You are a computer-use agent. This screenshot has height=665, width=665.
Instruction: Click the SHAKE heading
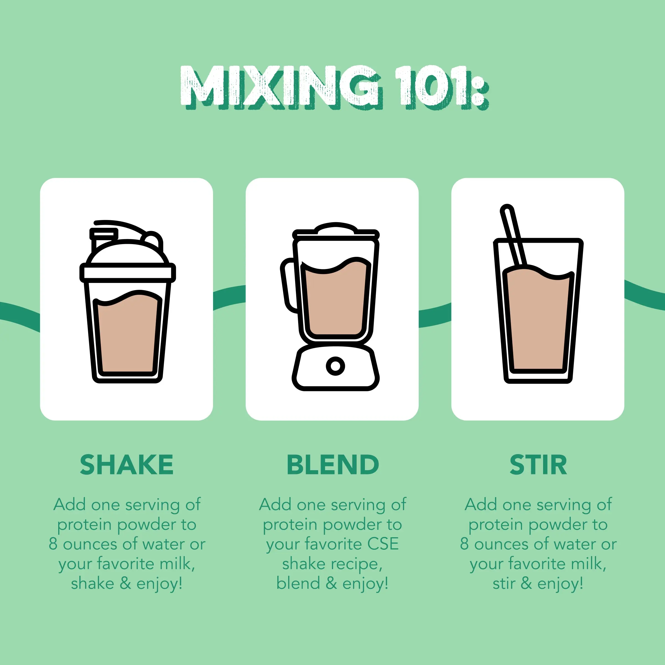(x=126, y=465)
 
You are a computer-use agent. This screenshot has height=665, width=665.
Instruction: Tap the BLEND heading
(x=332, y=465)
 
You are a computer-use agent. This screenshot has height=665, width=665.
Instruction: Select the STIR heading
(x=538, y=465)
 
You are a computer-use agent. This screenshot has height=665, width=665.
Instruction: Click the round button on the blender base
(x=335, y=366)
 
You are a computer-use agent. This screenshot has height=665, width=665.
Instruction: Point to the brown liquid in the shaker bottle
(x=127, y=332)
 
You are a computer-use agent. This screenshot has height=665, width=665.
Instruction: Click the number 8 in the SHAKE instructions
(x=53, y=544)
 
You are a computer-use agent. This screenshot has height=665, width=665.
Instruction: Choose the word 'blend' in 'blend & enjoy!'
(x=298, y=584)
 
